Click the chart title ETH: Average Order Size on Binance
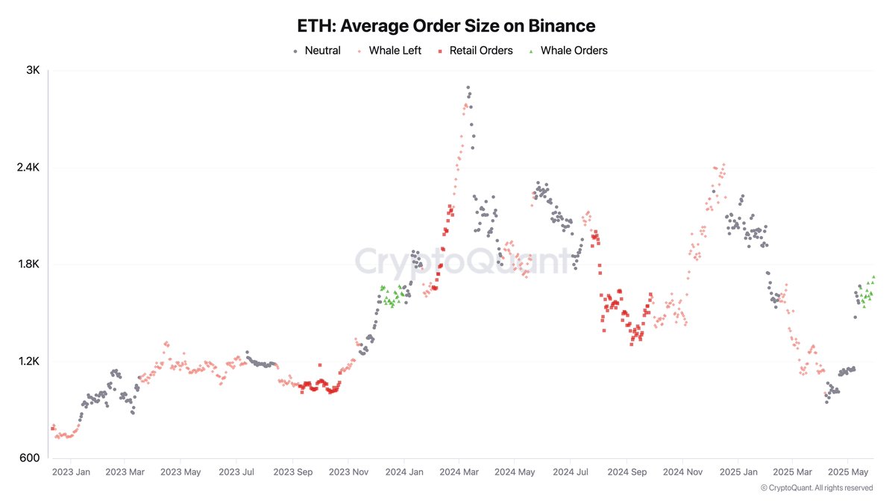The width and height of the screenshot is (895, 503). tap(447, 26)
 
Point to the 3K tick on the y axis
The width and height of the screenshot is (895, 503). tap(33, 71)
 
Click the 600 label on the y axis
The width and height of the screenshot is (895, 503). tap(30, 458)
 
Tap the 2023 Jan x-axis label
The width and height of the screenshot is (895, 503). tap(71, 472)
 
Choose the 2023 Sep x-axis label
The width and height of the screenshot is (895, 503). tap(293, 472)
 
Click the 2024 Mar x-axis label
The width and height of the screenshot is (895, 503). tap(459, 472)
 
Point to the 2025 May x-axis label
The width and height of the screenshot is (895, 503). tap(850, 472)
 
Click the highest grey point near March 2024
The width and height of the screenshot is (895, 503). tap(468, 88)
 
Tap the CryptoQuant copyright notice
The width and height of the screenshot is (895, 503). tap(817, 488)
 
